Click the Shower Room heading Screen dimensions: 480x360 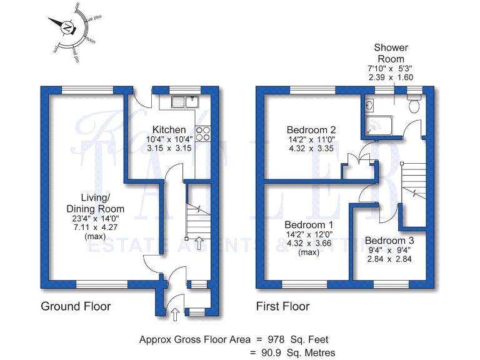coord(391,52)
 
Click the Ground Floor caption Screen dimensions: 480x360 coord(76,306)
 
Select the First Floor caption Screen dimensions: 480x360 coord(283,306)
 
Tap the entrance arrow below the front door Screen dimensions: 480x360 coord(174,314)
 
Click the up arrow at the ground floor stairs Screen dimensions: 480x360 coord(199,243)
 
